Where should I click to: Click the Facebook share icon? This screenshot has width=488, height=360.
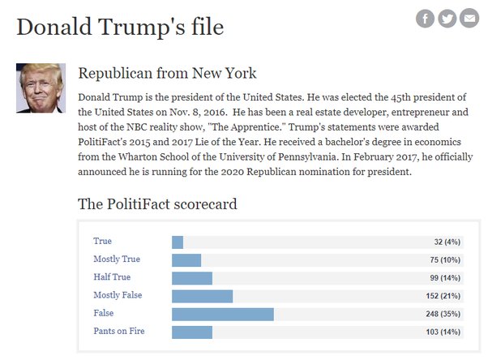[x=425, y=19]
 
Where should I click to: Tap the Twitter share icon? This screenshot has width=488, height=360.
[x=447, y=19]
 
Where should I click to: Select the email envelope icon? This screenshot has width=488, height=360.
[x=469, y=19]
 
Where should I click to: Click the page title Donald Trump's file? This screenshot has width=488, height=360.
[x=120, y=26]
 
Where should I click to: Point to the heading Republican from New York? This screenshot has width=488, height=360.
[x=167, y=74]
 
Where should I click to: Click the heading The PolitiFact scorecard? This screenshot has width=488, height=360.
[x=157, y=204]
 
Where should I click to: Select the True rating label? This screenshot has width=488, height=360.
[x=103, y=242]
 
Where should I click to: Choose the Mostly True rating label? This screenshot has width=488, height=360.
[x=117, y=259]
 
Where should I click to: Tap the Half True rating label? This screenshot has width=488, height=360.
[x=112, y=277]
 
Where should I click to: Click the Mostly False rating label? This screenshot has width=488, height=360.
[x=118, y=295]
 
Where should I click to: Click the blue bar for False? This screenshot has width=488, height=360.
[x=223, y=314]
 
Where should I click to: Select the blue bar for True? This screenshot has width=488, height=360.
[x=178, y=242]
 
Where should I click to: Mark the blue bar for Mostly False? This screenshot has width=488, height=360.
[x=202, y=295]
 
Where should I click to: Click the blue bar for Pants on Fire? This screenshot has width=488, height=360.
[x=192, y=332]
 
